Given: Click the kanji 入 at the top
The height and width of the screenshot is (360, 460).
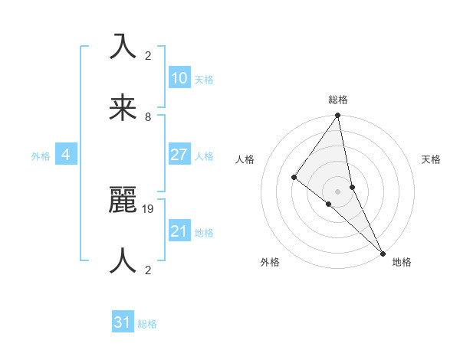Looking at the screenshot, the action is (x=123, y=47).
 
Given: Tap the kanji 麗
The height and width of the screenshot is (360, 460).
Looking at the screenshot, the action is (x=123, y=201).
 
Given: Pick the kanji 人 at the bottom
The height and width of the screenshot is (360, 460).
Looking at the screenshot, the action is (x=123, y=261).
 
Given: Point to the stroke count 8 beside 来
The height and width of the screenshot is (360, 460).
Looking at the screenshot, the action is (x=148, y=117).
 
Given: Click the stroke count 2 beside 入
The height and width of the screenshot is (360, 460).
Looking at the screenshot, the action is (x=148, y=56).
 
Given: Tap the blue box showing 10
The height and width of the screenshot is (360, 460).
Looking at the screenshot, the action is (x=179, y=78).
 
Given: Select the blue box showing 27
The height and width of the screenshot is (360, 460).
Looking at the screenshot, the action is (x=179, y=155).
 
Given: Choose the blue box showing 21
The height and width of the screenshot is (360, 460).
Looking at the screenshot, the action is (x=179, y=231).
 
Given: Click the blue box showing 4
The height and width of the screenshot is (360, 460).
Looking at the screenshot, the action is (x=66, y=155).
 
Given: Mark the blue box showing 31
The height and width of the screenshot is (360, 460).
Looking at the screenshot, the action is (x=123, y=323).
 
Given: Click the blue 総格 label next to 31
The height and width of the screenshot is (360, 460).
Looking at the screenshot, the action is (x=147, y=324).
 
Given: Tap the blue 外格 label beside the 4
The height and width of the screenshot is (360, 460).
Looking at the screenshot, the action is (x=41, y=156).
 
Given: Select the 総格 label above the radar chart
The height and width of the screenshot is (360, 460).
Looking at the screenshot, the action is (x=338, y=100).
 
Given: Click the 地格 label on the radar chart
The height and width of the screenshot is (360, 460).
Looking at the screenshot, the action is (x=402, y=263).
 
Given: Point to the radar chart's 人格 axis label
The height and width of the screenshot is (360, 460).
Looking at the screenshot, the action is (x=245, y=159).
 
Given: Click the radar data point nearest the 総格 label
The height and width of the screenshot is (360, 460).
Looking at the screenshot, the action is (x=337, y=116).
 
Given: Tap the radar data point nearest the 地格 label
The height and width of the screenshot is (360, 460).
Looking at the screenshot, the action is (x=382, y=252).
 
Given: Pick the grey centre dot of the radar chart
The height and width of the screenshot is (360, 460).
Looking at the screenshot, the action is (x=337, y=191).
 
